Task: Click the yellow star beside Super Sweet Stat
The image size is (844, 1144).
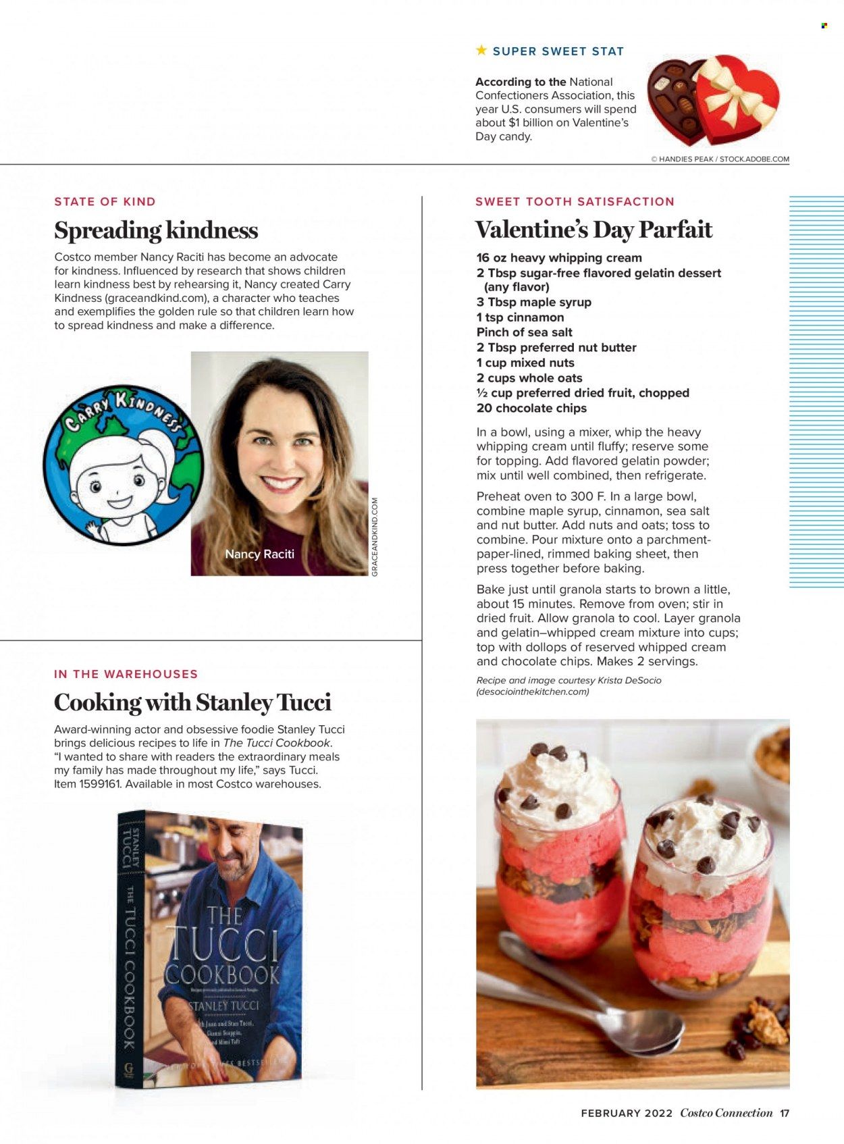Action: (481, 50)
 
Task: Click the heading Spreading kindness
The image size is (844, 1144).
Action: (156, 230)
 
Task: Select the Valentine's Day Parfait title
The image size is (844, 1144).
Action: (594, 230)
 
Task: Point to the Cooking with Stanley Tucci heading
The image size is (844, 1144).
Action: (192, 702)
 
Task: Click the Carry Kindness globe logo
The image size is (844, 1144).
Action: (123, 465)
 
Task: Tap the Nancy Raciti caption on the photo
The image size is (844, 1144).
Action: (259, 554)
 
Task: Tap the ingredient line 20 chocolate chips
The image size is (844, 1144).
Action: (531, 408)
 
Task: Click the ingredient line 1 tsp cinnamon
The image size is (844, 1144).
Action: (520, 317)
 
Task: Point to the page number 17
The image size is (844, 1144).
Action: (785, 1113)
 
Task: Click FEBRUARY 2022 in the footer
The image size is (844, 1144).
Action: (627, 1113)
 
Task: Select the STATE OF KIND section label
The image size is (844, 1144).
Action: (105, 201)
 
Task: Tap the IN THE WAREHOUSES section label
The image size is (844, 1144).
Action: (126, 674)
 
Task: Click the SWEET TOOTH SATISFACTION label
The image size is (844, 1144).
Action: (575, 201)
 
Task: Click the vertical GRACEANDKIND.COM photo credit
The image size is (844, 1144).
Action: (375, 537)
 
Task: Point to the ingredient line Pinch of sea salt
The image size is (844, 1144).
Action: (524, 332)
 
